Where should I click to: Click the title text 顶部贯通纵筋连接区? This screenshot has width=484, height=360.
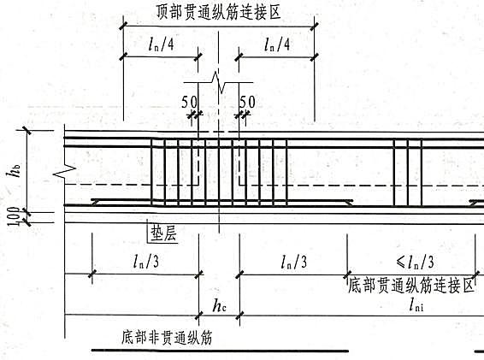219,12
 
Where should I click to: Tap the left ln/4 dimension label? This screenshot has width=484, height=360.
161,44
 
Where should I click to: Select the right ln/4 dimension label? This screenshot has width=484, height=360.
277,44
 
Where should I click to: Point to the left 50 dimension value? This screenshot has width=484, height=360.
189,102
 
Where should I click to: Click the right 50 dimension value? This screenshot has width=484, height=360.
247,102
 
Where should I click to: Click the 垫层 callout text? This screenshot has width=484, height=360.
163,233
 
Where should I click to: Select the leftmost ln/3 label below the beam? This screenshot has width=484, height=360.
146,263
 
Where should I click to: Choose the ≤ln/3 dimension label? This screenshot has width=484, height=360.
416,263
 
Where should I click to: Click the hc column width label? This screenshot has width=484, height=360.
219,305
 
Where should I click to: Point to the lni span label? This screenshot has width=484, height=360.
416,305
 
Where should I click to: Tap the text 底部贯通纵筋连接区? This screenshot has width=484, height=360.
410,286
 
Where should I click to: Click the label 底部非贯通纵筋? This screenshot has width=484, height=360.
167,337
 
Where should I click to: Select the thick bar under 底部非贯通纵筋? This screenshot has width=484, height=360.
220,351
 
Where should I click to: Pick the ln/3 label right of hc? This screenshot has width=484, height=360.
294,263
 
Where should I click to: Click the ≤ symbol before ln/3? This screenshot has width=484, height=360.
401,263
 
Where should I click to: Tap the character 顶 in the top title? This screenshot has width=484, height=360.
162,12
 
